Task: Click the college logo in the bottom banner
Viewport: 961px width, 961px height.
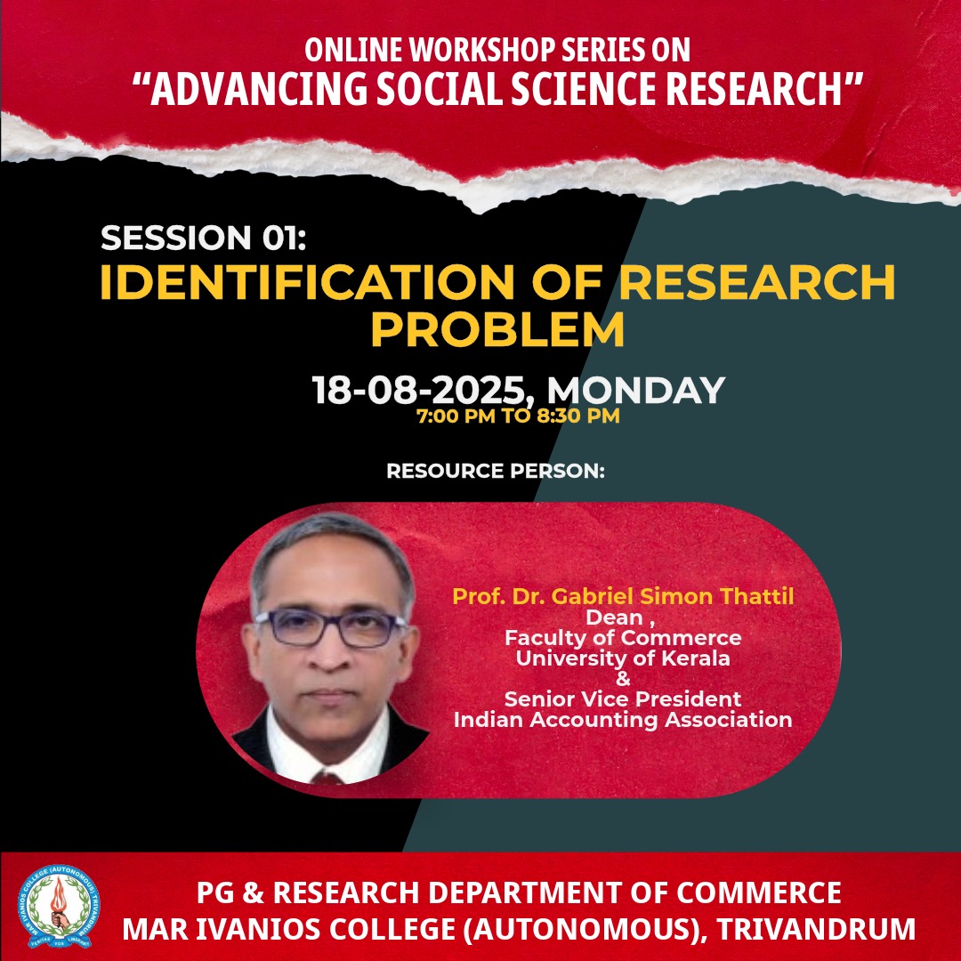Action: point(59,906)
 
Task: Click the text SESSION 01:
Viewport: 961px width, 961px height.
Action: point(203,238)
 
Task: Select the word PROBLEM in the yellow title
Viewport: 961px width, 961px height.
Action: point(497,329)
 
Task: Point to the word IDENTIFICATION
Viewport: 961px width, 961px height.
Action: point(306,283)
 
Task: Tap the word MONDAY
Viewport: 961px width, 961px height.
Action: point(635,390)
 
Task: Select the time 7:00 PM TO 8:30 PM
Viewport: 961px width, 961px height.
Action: point(518,416)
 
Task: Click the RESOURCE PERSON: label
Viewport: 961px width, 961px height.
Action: point(496,471)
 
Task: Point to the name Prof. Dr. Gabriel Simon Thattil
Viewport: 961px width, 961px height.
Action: point(623,595)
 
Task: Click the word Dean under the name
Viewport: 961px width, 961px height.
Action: point(614,618)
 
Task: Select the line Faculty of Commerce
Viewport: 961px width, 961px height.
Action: point(623,638)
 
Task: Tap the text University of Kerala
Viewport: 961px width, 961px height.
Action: point(623,658)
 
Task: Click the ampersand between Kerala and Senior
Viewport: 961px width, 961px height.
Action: point(623,678)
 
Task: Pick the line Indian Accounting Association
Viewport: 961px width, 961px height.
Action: point(623,719)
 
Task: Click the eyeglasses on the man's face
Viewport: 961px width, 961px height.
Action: point(330,628)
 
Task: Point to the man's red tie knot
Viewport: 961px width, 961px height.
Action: point(327,779)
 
